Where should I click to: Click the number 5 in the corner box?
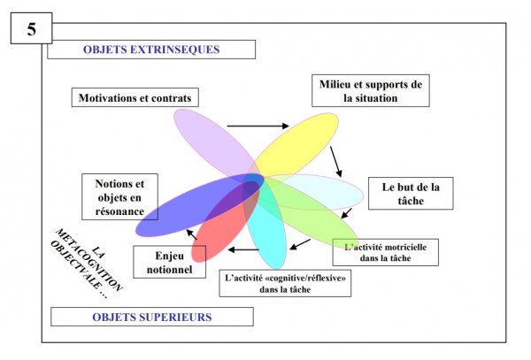(31, 28)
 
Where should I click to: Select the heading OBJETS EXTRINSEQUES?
(151, 50)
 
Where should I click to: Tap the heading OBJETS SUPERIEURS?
(151, 316)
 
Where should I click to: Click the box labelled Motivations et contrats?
(135, 96)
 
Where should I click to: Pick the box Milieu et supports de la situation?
(371, 91)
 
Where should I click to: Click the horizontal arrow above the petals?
(258, 126)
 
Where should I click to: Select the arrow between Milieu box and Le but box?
(337, 160)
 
